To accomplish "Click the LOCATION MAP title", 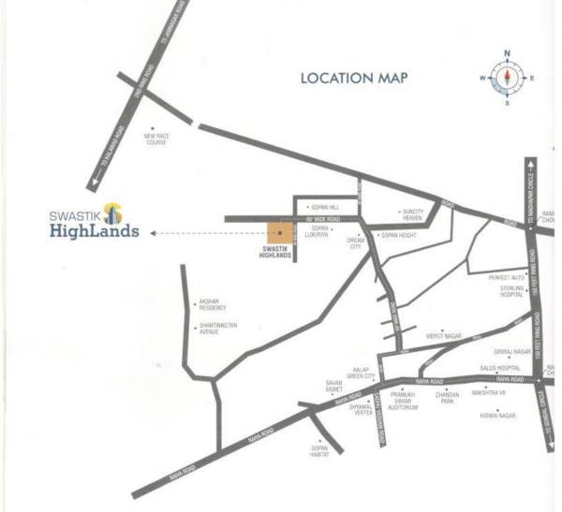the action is click(354, 78).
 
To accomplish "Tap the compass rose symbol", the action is click(507, 78).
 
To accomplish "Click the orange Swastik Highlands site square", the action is click(278, 233).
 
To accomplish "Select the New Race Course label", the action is click(155, 139).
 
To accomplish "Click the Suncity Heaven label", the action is click(413, 214).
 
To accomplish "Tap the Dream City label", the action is click(355, 242).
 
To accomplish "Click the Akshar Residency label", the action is click(213, 305).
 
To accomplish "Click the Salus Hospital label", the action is click(499, 369).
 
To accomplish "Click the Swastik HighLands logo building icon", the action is click(112, 212).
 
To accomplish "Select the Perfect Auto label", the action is click(506, 277).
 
